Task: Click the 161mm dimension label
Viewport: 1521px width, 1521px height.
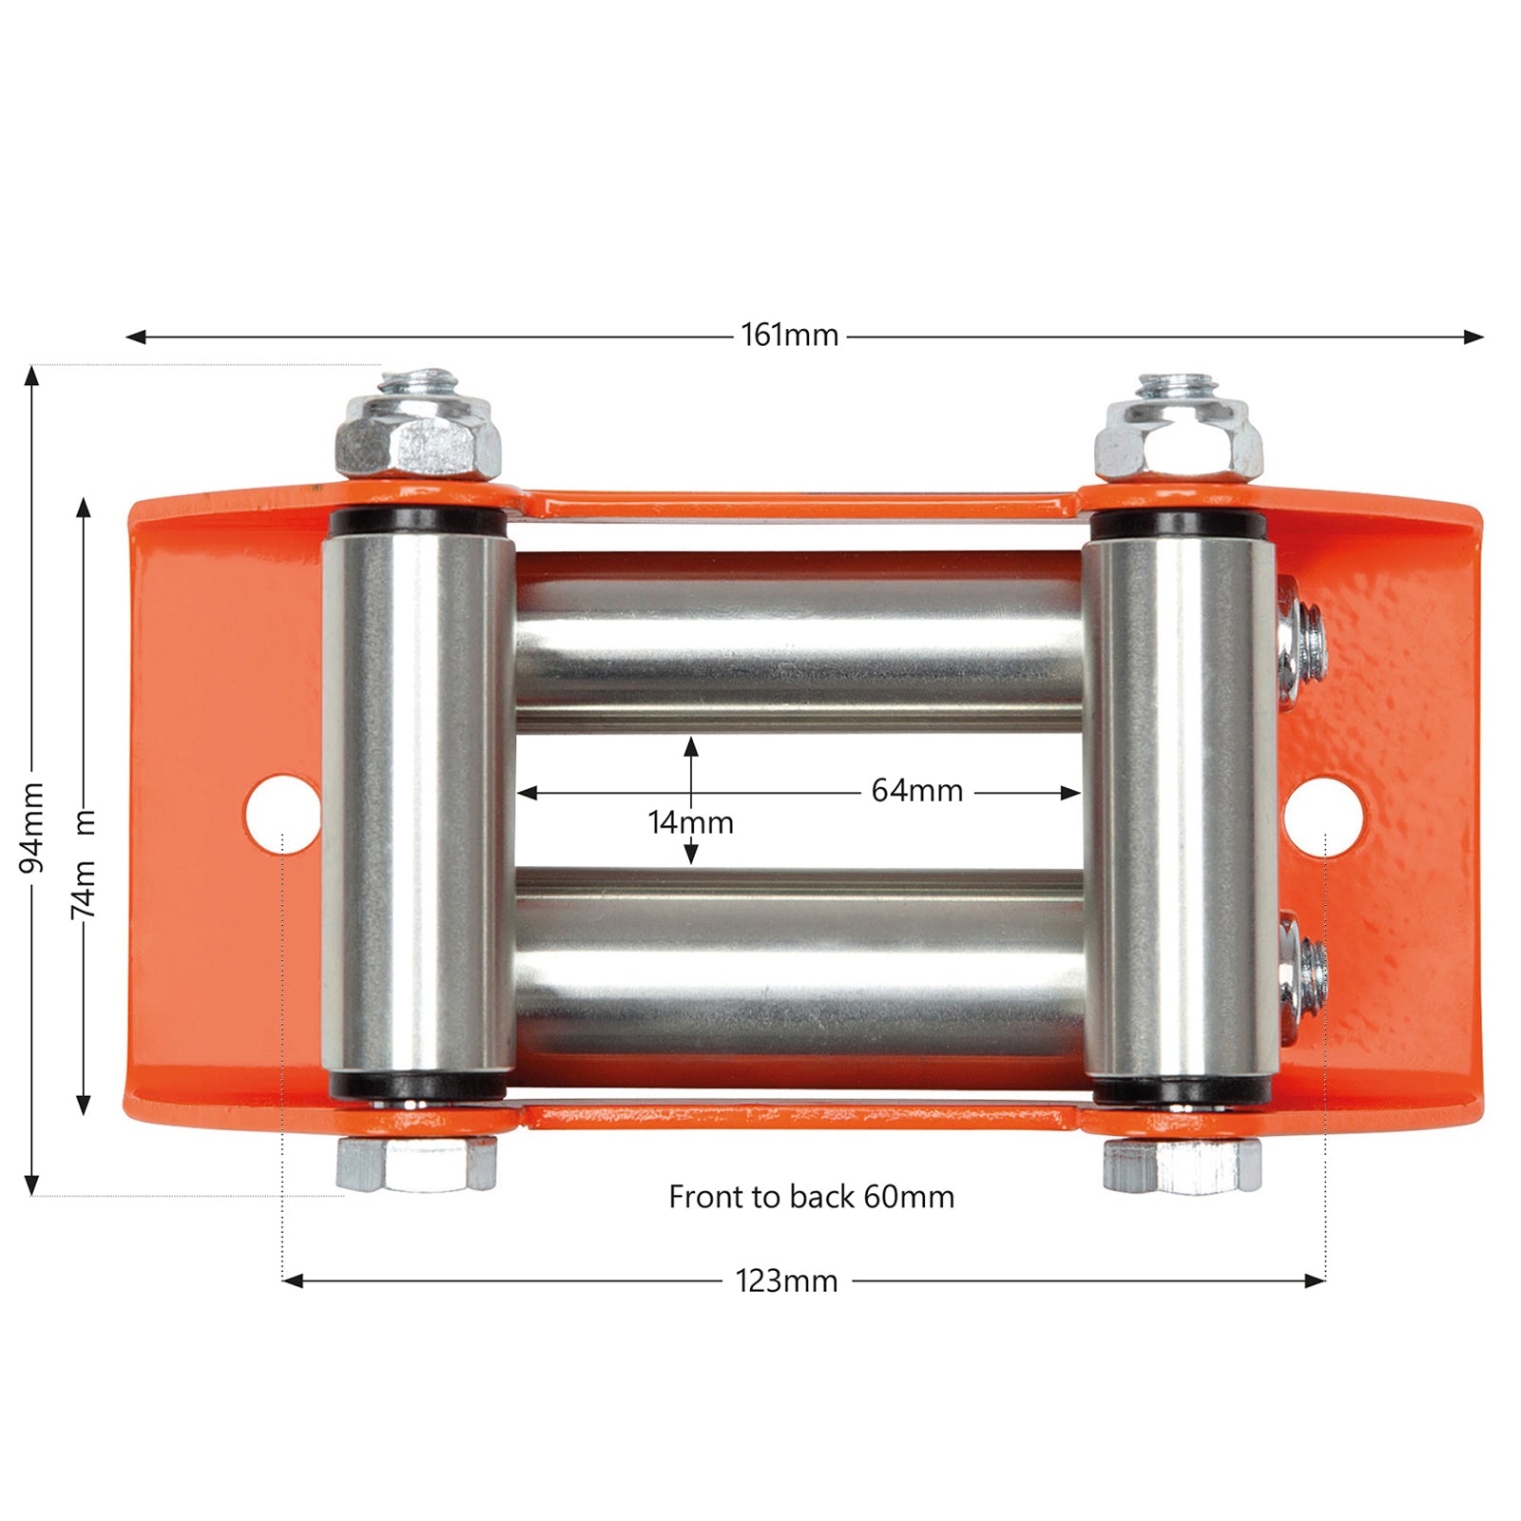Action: pos(790,335)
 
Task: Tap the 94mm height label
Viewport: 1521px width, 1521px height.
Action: pos(32,827)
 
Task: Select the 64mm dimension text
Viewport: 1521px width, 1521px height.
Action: pos(917,790)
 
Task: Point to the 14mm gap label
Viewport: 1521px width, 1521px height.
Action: pos(691,822)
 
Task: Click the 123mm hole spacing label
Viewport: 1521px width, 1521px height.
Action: pos(786,1280)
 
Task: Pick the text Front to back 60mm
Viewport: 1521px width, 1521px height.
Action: pos(812,1196)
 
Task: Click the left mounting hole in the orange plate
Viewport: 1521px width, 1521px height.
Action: pos(282,815)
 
